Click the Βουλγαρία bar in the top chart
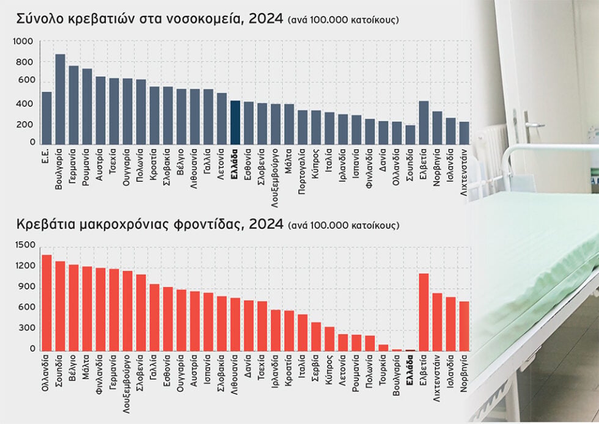click(x=60, y=100)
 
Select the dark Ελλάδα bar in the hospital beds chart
click(x=235, y=123)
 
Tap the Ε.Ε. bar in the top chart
click(x=46, y=118)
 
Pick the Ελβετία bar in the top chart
click(x=424, y=123)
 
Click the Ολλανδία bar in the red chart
click(x=46, y=303)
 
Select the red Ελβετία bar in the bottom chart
click(x=424, y=312)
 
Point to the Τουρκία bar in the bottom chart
click(x=384, y=348)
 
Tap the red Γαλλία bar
click(x=154, y=318)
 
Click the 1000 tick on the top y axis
click(x=23, y=42)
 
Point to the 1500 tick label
click(x=25, y=245)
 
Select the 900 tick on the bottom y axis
click(x=27, y=287)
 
